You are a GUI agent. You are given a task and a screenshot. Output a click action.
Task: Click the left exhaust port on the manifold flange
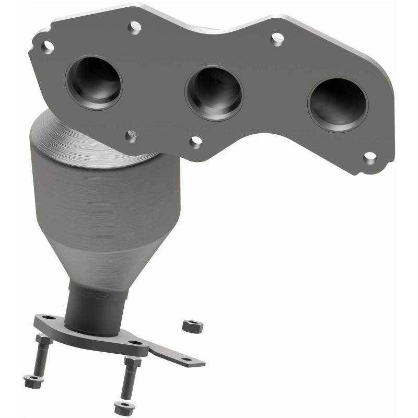pyautogui.click(x=94, y=82)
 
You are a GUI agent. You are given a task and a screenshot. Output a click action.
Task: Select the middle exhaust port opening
pyautogui.click(x=214, y=92)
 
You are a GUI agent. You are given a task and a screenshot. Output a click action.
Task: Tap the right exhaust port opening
pyautogui.click(x=337, y=104)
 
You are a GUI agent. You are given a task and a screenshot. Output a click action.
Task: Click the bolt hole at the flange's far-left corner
pyautogui.click(x=48, y=48)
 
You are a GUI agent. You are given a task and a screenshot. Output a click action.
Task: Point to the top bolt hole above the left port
pyautogui.click(x=134, y=26)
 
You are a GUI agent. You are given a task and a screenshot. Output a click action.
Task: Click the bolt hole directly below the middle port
pyautogui.click(x=196, y=142)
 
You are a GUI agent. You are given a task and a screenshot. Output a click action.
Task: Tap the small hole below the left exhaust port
pyautogui.click(x=131, y=136)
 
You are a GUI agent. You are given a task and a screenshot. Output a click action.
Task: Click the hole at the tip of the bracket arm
pyautogui.click(x=187, y=359)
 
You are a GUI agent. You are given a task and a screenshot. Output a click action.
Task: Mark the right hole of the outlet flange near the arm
pyautogui.click(x=137, y=343)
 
